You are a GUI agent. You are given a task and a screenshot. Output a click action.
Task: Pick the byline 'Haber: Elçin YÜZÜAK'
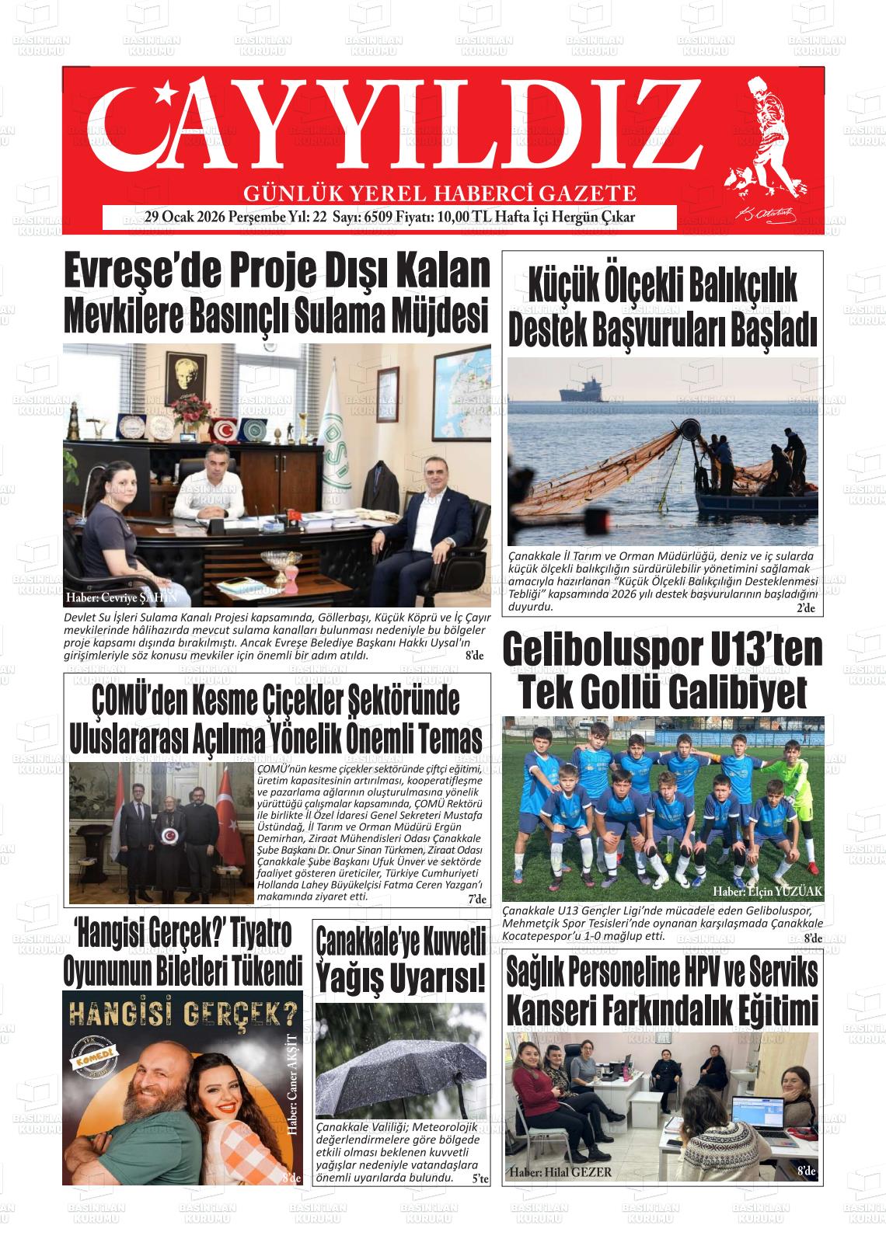[766, 891]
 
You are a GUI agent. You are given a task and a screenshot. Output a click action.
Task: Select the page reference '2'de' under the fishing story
[805, 608]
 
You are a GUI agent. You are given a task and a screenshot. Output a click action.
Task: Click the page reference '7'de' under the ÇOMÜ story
[476, 900]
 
